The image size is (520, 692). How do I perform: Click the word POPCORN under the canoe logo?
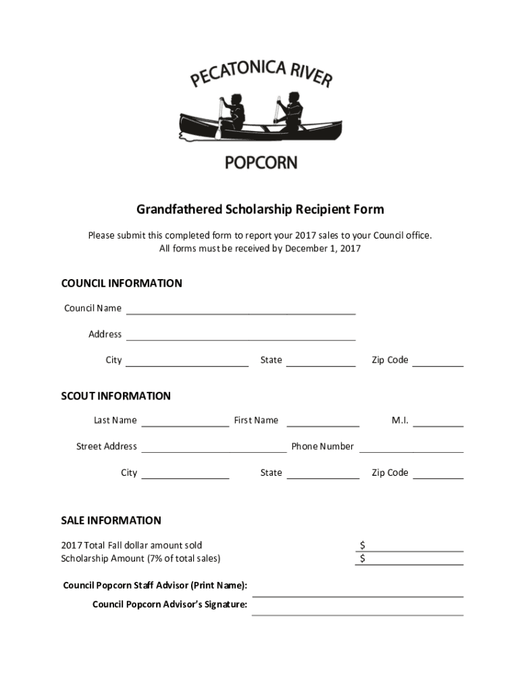260,163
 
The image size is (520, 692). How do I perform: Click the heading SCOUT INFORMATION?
116,396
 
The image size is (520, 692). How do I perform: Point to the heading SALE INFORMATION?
111,520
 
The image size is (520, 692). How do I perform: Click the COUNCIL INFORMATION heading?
122,283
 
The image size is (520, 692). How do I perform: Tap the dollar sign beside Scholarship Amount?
363,559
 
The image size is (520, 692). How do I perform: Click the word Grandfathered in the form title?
180,209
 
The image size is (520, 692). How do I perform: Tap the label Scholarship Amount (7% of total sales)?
140,559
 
